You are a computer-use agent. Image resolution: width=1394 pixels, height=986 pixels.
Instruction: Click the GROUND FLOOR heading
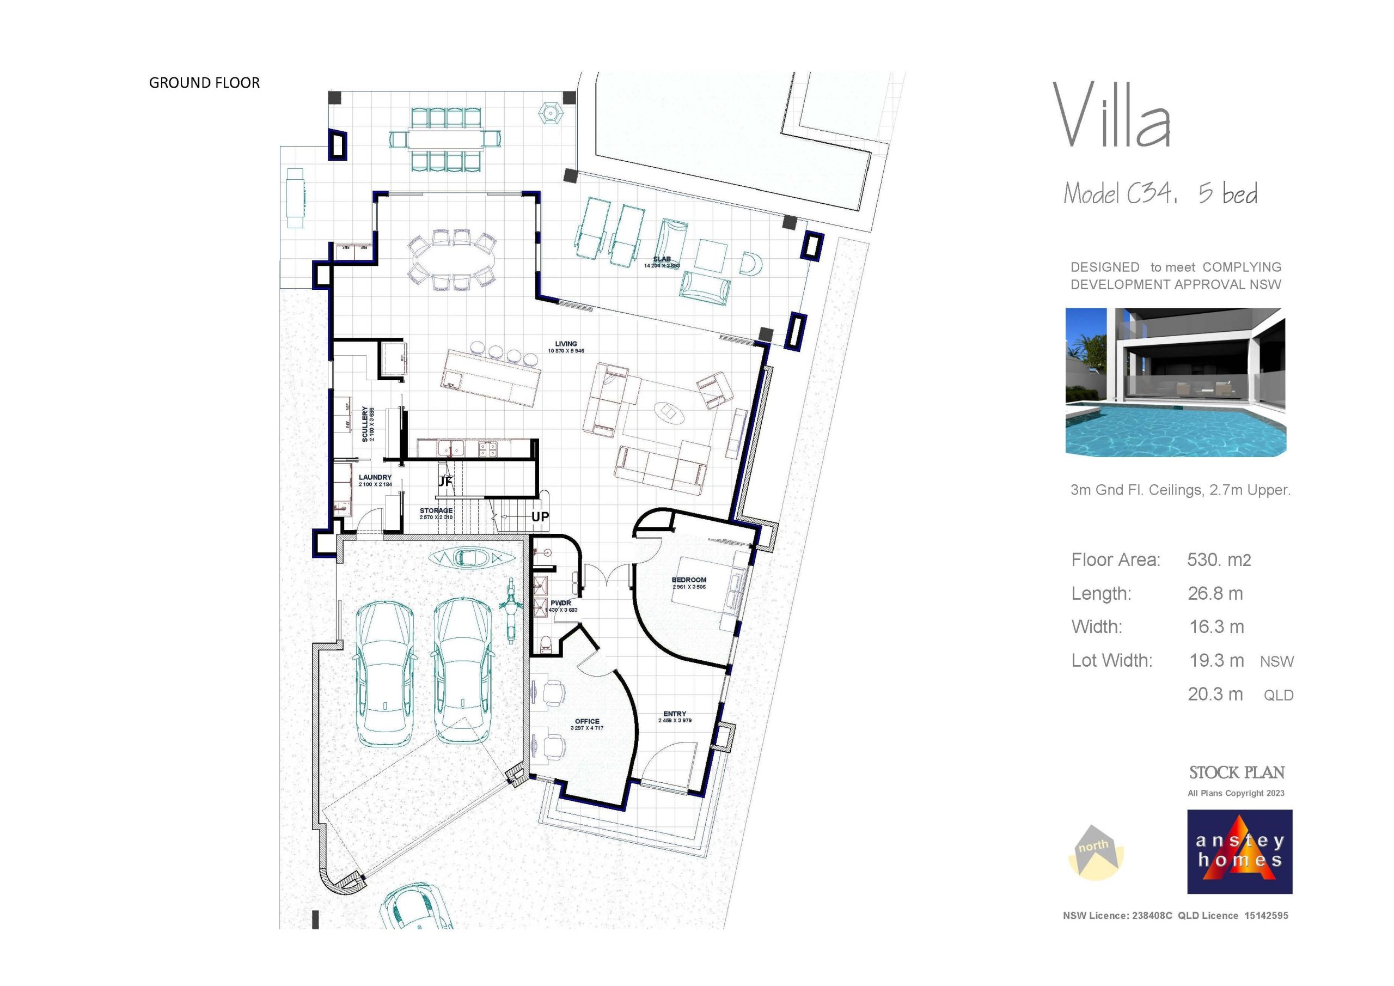pos(204,83)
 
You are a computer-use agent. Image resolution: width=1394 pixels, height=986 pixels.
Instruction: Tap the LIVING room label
pos(565,344)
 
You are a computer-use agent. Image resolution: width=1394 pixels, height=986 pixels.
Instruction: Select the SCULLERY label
pos(365,423)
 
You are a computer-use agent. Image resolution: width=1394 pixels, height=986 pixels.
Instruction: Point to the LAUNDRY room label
pos(375,478)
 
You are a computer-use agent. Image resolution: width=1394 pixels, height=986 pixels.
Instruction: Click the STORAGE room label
pos(436,511)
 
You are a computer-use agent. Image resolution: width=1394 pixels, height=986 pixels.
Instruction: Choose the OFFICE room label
pos(586,722)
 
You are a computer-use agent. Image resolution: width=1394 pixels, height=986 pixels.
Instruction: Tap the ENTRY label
pos(675,714)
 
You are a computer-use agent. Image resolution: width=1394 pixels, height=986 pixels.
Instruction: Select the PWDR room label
pos(560,603)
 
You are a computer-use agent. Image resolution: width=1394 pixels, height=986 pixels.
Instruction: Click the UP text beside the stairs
pos(540,517)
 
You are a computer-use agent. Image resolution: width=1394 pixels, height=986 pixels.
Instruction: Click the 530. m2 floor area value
pos(1219,559)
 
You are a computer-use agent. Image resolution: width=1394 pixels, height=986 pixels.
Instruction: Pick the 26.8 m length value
pos(1215,593)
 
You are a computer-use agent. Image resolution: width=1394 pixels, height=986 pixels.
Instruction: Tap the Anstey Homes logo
pos(1239,851)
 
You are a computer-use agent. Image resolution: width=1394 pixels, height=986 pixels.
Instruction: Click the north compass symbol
pos(1095,852)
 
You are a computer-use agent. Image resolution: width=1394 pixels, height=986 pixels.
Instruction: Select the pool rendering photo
pos(1176,382)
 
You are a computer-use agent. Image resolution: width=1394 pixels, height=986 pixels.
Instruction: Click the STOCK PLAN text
pos(1236,773)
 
